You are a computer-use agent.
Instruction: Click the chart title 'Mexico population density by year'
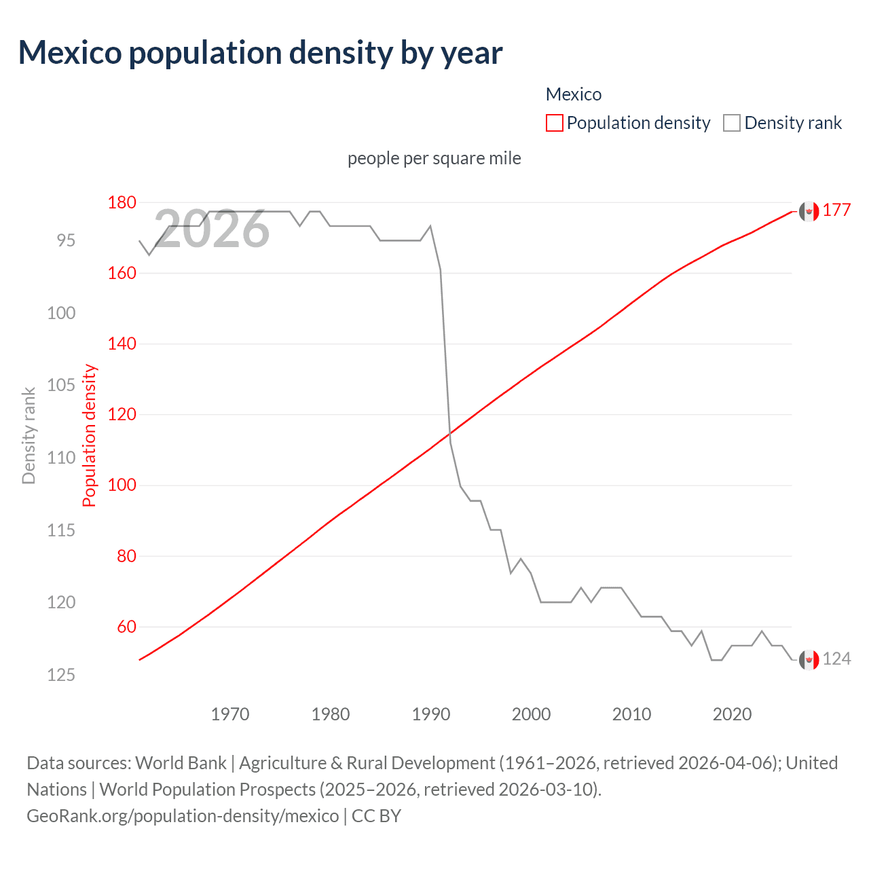pos(260,53)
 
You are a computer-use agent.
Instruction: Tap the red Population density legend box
pos(554,123)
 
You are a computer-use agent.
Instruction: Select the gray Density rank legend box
pos(731,123)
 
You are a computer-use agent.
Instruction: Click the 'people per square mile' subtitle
pos(434,158)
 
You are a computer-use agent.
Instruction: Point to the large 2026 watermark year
pos(212,229)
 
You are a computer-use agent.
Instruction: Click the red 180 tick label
pos(122,202)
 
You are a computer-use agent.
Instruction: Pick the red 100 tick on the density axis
pos(122,485)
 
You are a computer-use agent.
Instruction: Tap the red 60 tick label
pos(126,627)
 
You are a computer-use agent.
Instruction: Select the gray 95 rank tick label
pos(66,240)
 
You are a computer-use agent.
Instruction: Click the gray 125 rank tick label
pos(61,675)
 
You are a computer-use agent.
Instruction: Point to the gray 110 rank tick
pos(61,458)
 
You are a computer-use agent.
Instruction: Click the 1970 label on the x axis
pos(230,714)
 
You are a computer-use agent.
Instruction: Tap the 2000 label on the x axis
pos(531,714)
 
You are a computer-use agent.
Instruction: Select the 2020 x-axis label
pos(732,714)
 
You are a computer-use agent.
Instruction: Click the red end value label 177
pos(836,210)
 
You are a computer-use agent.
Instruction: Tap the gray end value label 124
pos(836,659)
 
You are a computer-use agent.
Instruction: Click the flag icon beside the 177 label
pos(809,211)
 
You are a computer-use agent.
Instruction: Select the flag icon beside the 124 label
pos(809,659)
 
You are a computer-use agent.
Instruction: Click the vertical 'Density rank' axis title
pos(29,435)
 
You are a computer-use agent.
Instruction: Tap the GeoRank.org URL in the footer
pos(183,815)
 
